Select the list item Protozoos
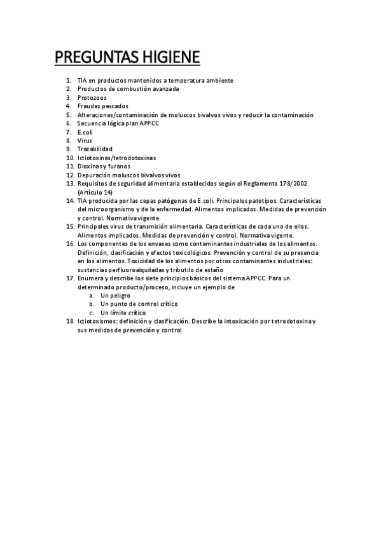coord(92,98)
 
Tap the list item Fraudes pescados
coord(102,106)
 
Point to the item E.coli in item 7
coord(85,132)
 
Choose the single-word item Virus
coord(85,140)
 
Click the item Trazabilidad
coord(95,149)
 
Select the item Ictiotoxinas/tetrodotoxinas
coord(116,157)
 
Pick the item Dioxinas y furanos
coord(104,166)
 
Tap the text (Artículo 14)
coord(95,191)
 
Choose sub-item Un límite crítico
coord(123,313)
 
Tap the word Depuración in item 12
coord(95,174)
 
